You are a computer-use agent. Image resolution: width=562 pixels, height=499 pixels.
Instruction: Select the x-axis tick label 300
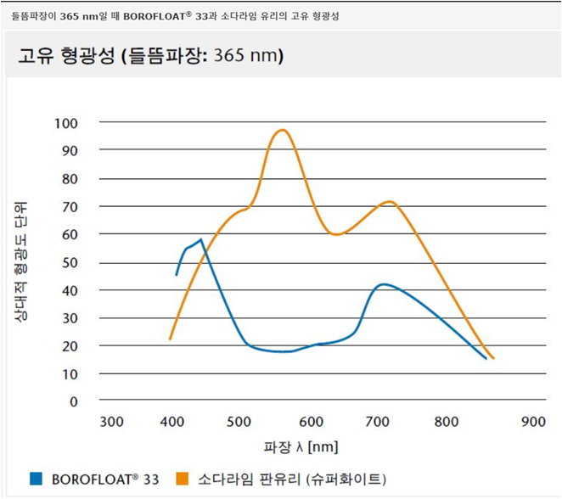point(112,422)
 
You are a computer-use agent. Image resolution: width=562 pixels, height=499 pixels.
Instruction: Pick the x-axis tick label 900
point(533,422)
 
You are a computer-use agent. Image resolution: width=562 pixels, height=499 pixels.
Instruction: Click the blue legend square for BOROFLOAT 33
point(35,479)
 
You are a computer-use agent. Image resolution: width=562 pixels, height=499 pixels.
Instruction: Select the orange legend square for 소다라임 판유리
point(183,479)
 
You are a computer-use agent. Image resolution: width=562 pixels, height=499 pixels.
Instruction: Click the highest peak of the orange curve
point(283,130)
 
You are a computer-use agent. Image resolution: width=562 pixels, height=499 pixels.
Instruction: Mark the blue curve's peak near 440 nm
point(201,240)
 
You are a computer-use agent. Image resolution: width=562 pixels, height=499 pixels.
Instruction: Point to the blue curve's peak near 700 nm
point(385,284)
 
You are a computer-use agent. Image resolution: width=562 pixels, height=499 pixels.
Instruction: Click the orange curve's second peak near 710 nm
point(389,202)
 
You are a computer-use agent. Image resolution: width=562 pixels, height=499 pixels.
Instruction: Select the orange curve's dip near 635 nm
point(337,234)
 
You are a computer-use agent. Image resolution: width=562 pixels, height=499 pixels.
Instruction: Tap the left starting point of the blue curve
point(177,275)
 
